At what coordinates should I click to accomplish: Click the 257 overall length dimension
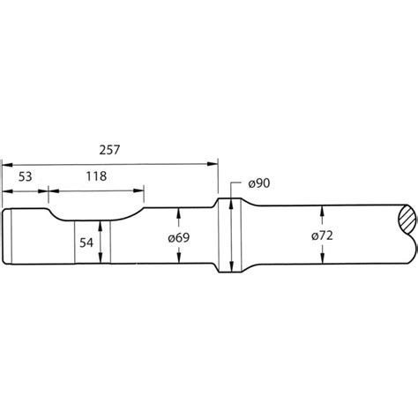[x=110, y=151]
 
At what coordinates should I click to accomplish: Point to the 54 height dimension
[x=86, y=241]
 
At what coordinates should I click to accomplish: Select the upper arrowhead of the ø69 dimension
[x=181, y=212]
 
